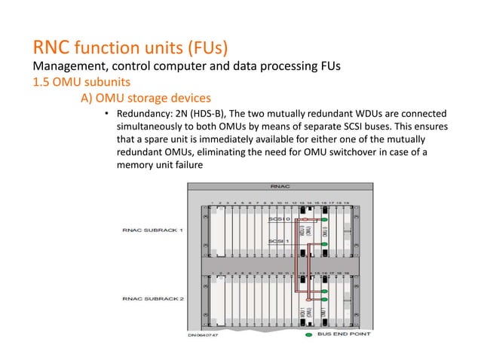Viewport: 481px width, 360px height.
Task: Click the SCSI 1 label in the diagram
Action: [x=278, y=241]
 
